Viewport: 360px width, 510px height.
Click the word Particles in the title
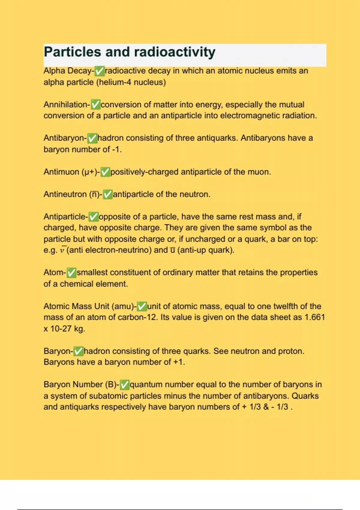72,52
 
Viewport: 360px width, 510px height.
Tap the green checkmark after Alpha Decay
99,71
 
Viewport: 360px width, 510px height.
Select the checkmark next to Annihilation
95,105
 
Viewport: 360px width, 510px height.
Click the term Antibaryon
64,138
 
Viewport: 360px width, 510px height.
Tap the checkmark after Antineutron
107,194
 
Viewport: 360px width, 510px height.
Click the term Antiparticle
64,217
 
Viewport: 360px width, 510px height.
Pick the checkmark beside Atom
71,273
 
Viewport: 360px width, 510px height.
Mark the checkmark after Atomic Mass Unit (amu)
142,306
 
